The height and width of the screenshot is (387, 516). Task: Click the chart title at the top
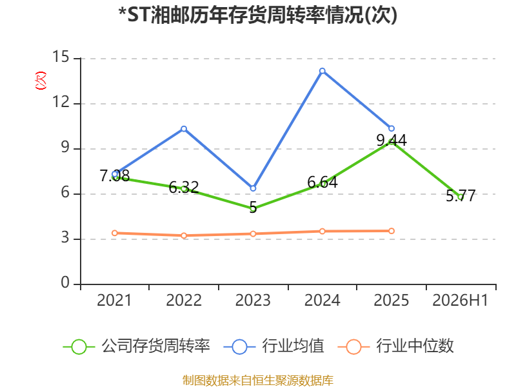click(x=257, y=15)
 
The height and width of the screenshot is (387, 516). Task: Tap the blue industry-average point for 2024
click(x=322, y=71)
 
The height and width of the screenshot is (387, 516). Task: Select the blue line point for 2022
click(x=184, y=128)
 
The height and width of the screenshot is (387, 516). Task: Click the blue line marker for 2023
click(x=253, y=188)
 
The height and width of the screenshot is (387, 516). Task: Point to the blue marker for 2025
click(x=392, y=128)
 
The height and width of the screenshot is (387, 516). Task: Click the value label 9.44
click(x=392, y=141)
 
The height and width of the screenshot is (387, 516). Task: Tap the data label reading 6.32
click(x=184, y=188)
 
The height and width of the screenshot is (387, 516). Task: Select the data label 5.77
click(x=461, y=196)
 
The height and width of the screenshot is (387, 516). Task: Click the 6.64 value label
click(x=322, y=183)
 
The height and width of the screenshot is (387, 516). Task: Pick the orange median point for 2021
click(x=115, y=233)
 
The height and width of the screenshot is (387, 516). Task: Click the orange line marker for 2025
click(x=392, y=231)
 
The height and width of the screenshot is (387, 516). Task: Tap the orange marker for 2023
click(x=253, y=234)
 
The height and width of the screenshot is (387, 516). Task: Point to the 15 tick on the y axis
click(x=61, y=57)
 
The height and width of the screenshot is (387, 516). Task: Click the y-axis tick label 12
click(x=61, y=102)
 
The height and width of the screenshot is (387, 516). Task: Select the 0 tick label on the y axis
click(x=65, y=283)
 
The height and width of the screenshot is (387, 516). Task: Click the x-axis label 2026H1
click(x=460, y=301)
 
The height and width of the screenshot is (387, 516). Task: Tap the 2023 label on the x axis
click(x=253, y=301)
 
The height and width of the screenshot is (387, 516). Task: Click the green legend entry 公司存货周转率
click(x=136, y=346)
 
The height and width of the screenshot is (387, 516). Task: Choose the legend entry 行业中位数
click(x=396, y=346)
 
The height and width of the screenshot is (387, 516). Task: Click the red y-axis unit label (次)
click(x=41, y=81)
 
